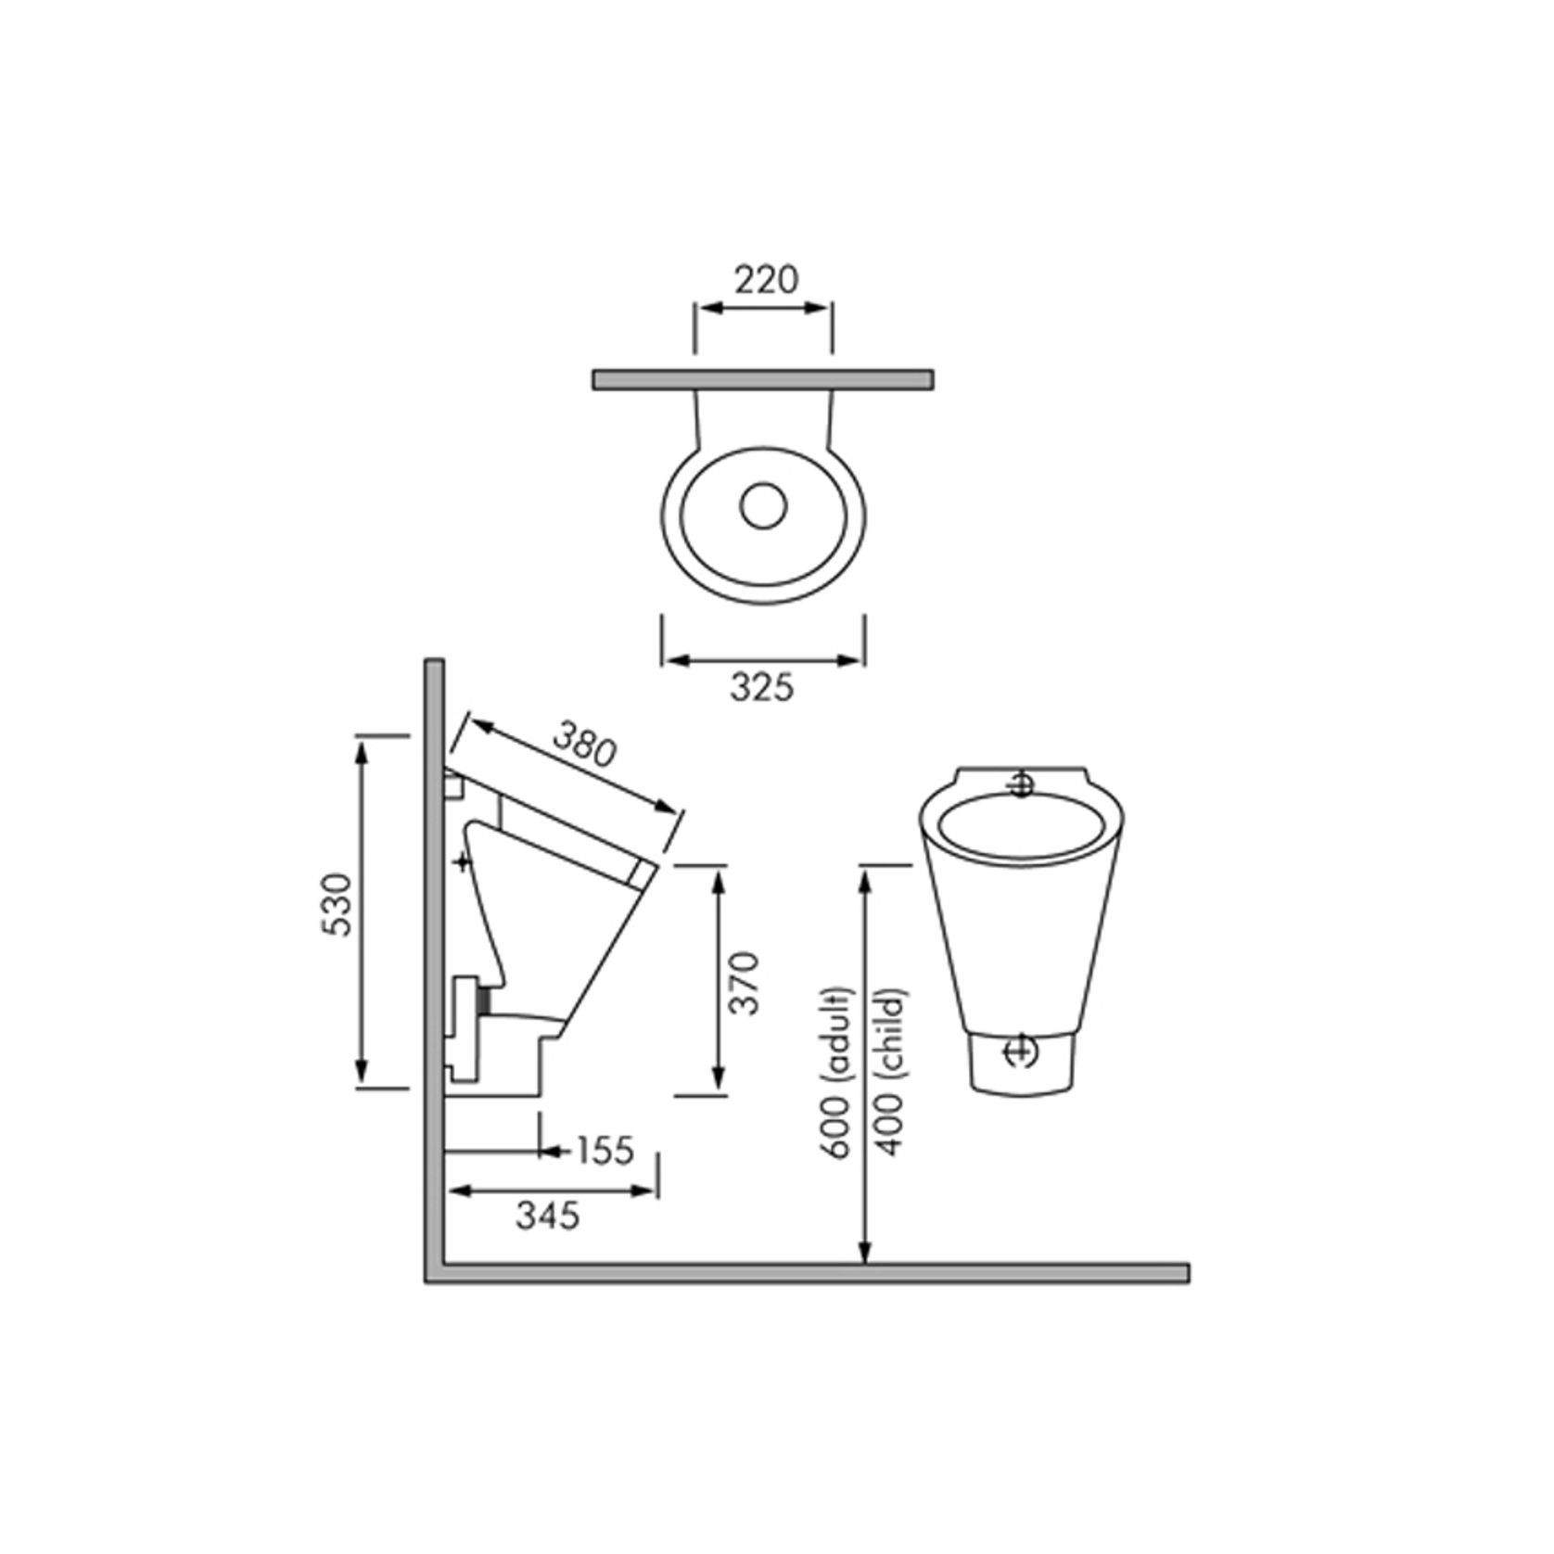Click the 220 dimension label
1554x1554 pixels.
pyautogui.click(x=766, y=279)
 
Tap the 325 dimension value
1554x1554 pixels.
pyautogui.click(x=762, y=687)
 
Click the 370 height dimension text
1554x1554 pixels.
pyautogui.click(x=745, y=983)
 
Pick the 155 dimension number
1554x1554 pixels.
pyautogui.click(x=604, y=1150)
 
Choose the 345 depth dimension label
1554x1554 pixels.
pyautogui.click(x=548, y=1215)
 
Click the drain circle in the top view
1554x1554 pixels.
pyautogui.click(x=763, y=505)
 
